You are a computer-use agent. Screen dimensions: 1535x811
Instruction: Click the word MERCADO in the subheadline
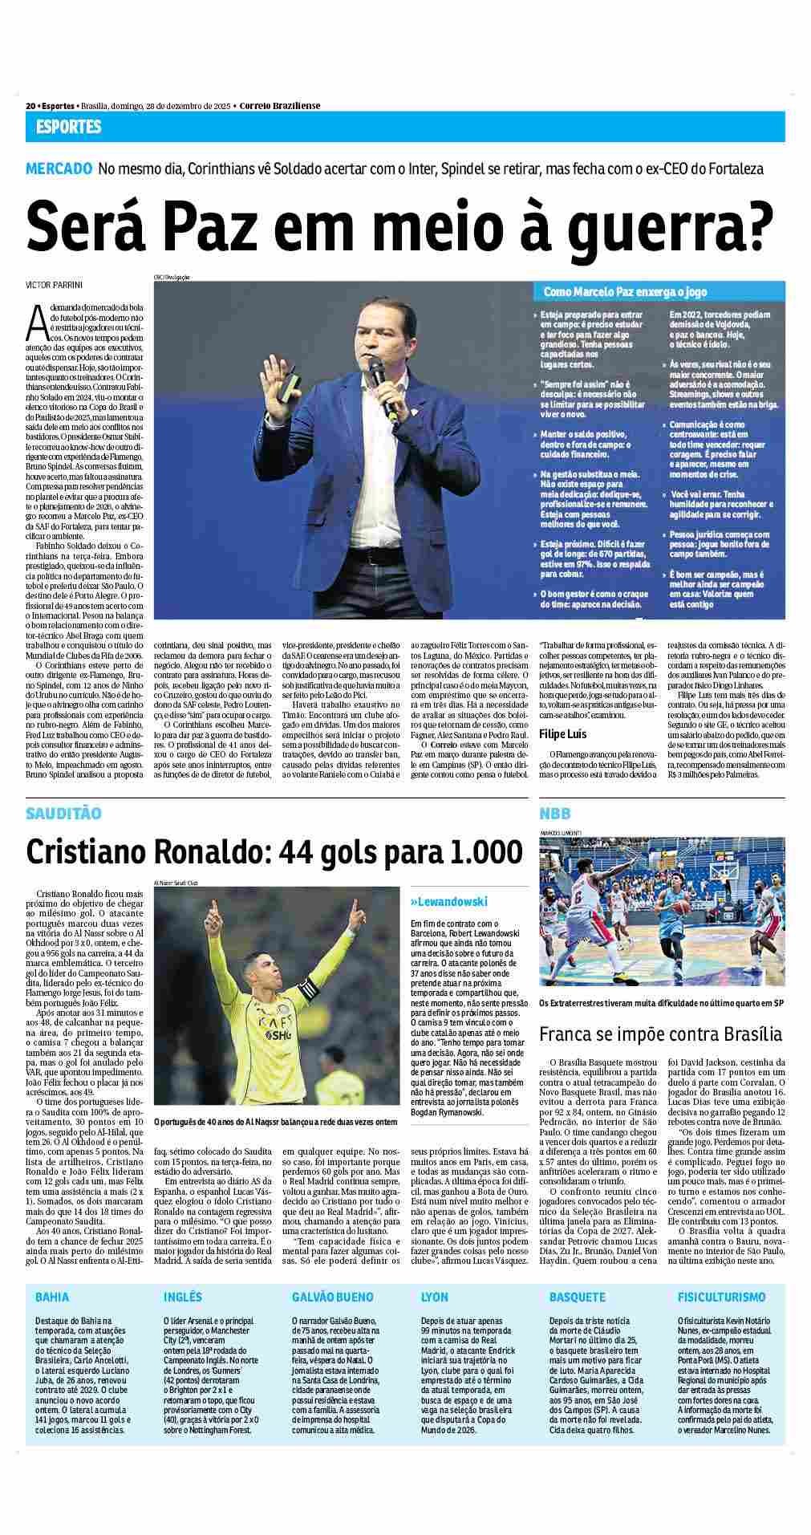(x=58, y=169)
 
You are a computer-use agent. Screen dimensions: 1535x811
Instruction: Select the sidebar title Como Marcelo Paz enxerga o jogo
(x=608, y=292)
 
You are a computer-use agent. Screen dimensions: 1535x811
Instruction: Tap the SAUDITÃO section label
(x=63, y=814)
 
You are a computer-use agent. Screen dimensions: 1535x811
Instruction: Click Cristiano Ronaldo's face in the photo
(x=270, y=977)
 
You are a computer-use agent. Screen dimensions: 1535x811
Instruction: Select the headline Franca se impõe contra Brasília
(x=660, y=1033)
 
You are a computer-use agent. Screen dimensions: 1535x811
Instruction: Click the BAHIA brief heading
(x=52, y=1297)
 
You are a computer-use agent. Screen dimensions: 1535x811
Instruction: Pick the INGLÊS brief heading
(x=183, y=1297)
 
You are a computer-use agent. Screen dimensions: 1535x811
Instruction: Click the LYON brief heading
(x=435, y=1297)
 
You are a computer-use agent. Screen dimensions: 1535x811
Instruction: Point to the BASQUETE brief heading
(x=578, y=1297)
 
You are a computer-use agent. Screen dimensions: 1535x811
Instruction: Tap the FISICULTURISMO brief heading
(x=721, y=1297)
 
